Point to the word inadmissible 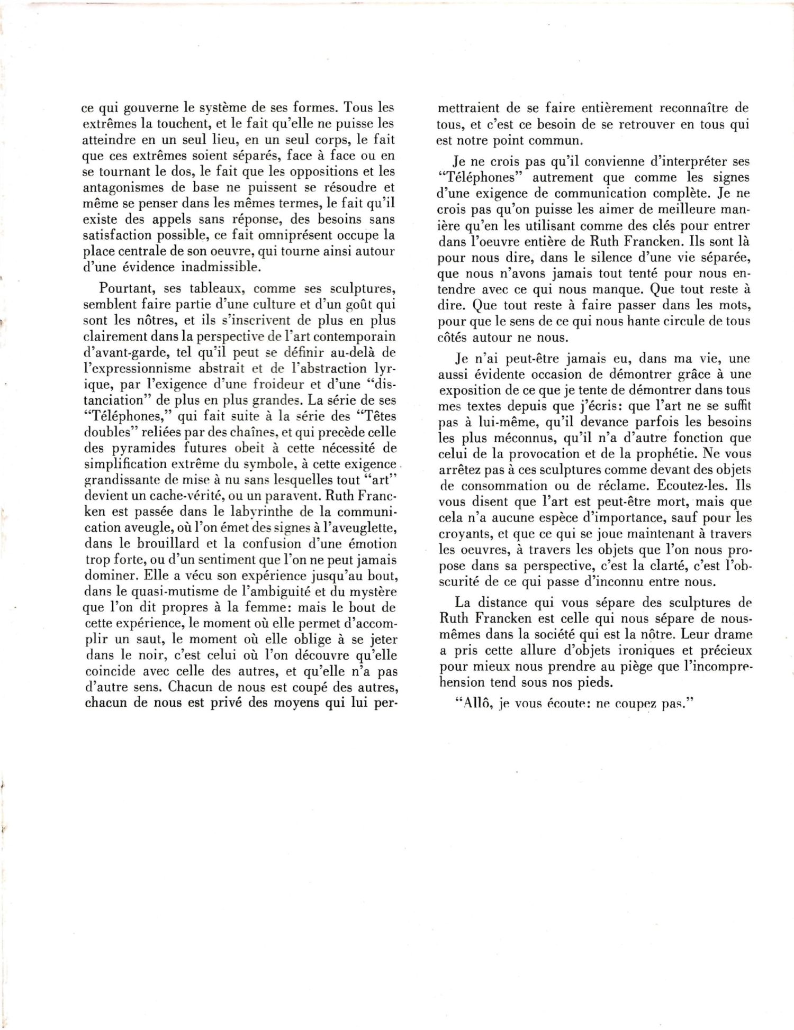(x=221, y=267)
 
